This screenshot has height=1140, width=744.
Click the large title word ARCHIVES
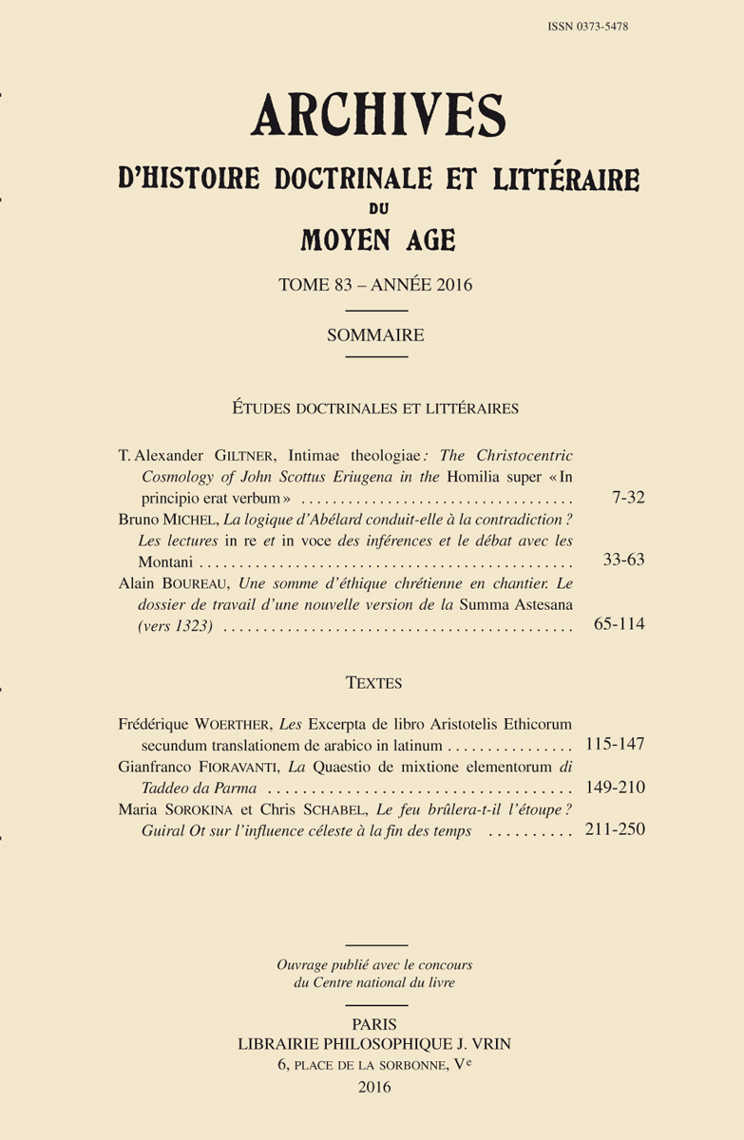coord(377,117)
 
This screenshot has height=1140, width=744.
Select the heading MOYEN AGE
coord(377,241)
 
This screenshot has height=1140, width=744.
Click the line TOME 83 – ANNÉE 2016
coord(376,285)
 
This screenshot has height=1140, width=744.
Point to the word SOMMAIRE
coord(375,334)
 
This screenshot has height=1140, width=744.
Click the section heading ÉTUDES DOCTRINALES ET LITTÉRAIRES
coord(375,408)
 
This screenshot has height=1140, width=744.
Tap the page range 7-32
coord(629,498)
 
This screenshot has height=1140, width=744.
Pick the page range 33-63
coord(624,560)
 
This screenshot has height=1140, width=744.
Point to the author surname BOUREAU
coord(207,584)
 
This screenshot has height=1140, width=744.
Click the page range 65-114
coord(619,625)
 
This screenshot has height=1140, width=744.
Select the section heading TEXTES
coord(374,683)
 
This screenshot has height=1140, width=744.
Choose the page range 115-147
coord(615,744)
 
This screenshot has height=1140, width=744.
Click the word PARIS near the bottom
coord(374,1024)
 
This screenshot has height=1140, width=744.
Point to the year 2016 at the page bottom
coord(374,1087)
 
